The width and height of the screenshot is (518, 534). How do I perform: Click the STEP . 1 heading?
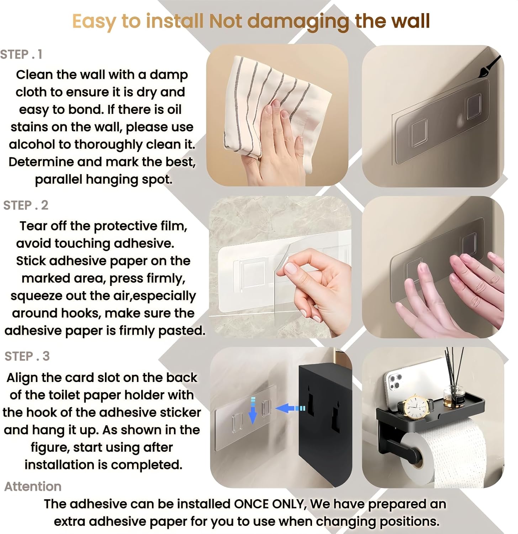coord(21,54)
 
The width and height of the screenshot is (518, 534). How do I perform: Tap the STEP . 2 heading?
coord(26,205)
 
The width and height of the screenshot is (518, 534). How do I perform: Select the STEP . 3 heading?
coord(27,356)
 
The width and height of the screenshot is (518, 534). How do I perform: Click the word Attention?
coord(33,486)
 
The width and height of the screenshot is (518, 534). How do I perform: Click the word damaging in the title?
coord(298,21)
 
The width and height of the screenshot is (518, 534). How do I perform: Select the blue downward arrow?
coord(253,410)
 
